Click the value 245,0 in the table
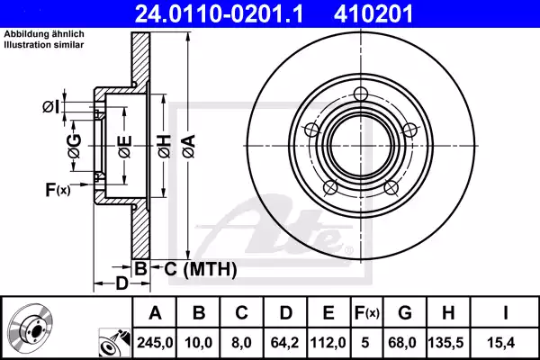pos(156,341)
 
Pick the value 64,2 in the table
pos(286,341)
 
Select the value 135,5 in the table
pos(447,341)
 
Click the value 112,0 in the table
pos(329,341)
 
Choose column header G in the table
pos(404,312)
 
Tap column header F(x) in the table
pos(367,312)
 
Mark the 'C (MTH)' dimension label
pos(200,268)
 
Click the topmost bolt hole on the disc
pos(362,94)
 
